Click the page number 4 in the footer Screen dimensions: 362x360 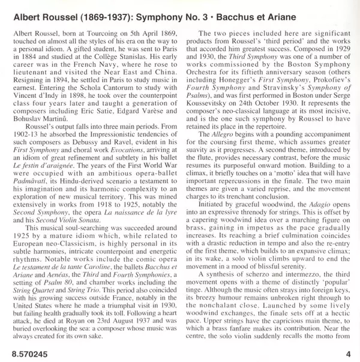(x=348, y=354)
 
